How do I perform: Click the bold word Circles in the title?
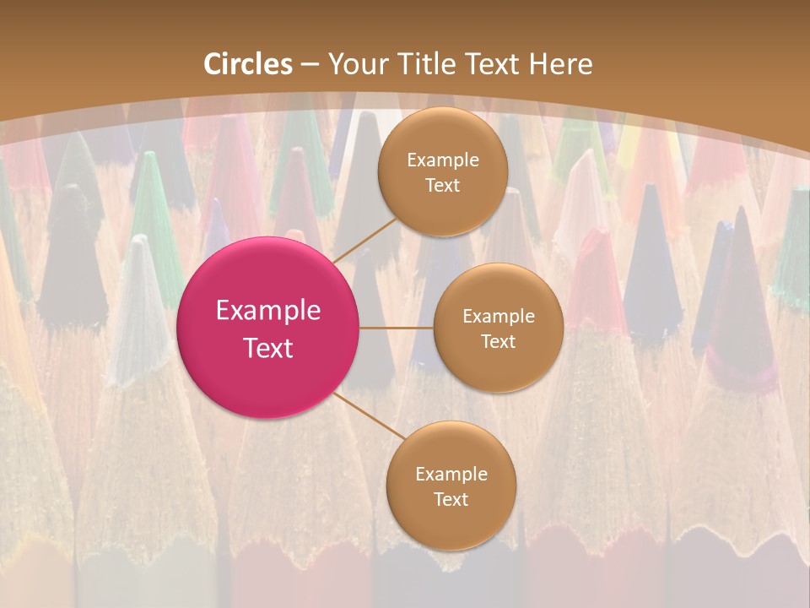pyautogui.click(x=248, y=64)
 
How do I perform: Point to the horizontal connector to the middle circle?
pyautogui.click(x=397, y=328)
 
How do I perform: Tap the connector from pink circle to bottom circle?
pyautogui.click(x=370, y=415)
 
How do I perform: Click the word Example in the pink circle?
pyautogui.click(x=268, y=311)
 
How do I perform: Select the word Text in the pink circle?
pyautogui.click(x=268, y=348)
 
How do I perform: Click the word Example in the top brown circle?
pyautogui.click(x=443, y=160)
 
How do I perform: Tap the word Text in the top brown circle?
pyautogui.click(x=443, y=185)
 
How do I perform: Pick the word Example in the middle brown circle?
pyautogui.click(x=499, y=317)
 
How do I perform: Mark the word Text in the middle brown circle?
pyautogui.click(x=499, y=341)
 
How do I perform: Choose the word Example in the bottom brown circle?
pyautogui.click(x=451, y=475)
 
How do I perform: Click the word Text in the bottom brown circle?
pyautogui.click(x=451, y=499)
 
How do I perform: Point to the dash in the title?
pyautogui.click(x=310, y=65)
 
